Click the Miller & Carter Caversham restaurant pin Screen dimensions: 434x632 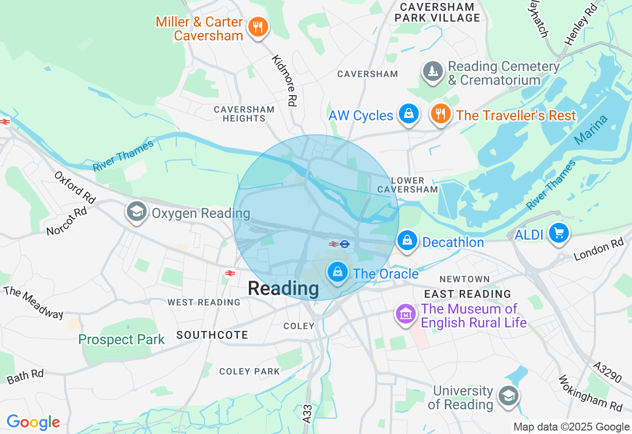[257, 27]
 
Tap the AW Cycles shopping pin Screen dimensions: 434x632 [409, 114]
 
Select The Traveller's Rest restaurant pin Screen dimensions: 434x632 [440, 114]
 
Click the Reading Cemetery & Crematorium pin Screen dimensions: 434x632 [433, 72]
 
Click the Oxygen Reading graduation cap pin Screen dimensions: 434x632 [136, 212]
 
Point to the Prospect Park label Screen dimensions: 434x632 [121, 340]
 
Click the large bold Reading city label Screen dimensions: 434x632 [283, 289]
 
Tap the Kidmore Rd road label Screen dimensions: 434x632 [285, 80]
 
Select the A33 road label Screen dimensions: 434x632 [307, 413]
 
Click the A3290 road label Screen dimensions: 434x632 [607, 372]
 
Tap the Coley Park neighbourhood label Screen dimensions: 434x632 [249, 371]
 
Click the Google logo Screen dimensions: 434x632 [33, 422]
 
